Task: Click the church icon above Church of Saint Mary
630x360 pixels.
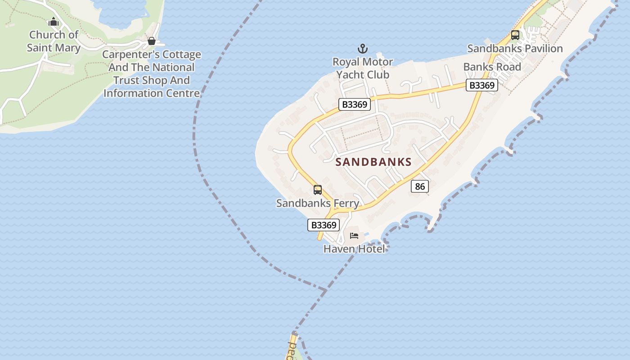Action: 54,22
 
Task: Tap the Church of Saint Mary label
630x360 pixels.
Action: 54,41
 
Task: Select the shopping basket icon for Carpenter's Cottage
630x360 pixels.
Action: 152,41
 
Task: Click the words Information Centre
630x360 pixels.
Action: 152,93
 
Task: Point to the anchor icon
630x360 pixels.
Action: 363,49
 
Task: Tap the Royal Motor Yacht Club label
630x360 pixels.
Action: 363,68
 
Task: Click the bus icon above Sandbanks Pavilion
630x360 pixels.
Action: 515,35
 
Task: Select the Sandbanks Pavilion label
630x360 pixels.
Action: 515,48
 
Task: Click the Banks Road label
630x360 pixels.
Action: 492,67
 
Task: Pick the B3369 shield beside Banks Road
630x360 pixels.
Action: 482,85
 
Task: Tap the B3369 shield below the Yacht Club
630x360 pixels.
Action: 355,105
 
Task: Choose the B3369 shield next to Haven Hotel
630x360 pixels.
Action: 323,225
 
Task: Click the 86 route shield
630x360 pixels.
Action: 420,186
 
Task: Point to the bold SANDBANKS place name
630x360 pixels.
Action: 373,162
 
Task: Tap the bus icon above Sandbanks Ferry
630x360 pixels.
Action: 318,190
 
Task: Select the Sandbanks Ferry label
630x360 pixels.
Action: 318,203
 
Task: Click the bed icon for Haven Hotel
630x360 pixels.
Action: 354,236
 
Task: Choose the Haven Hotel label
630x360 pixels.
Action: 354,248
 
